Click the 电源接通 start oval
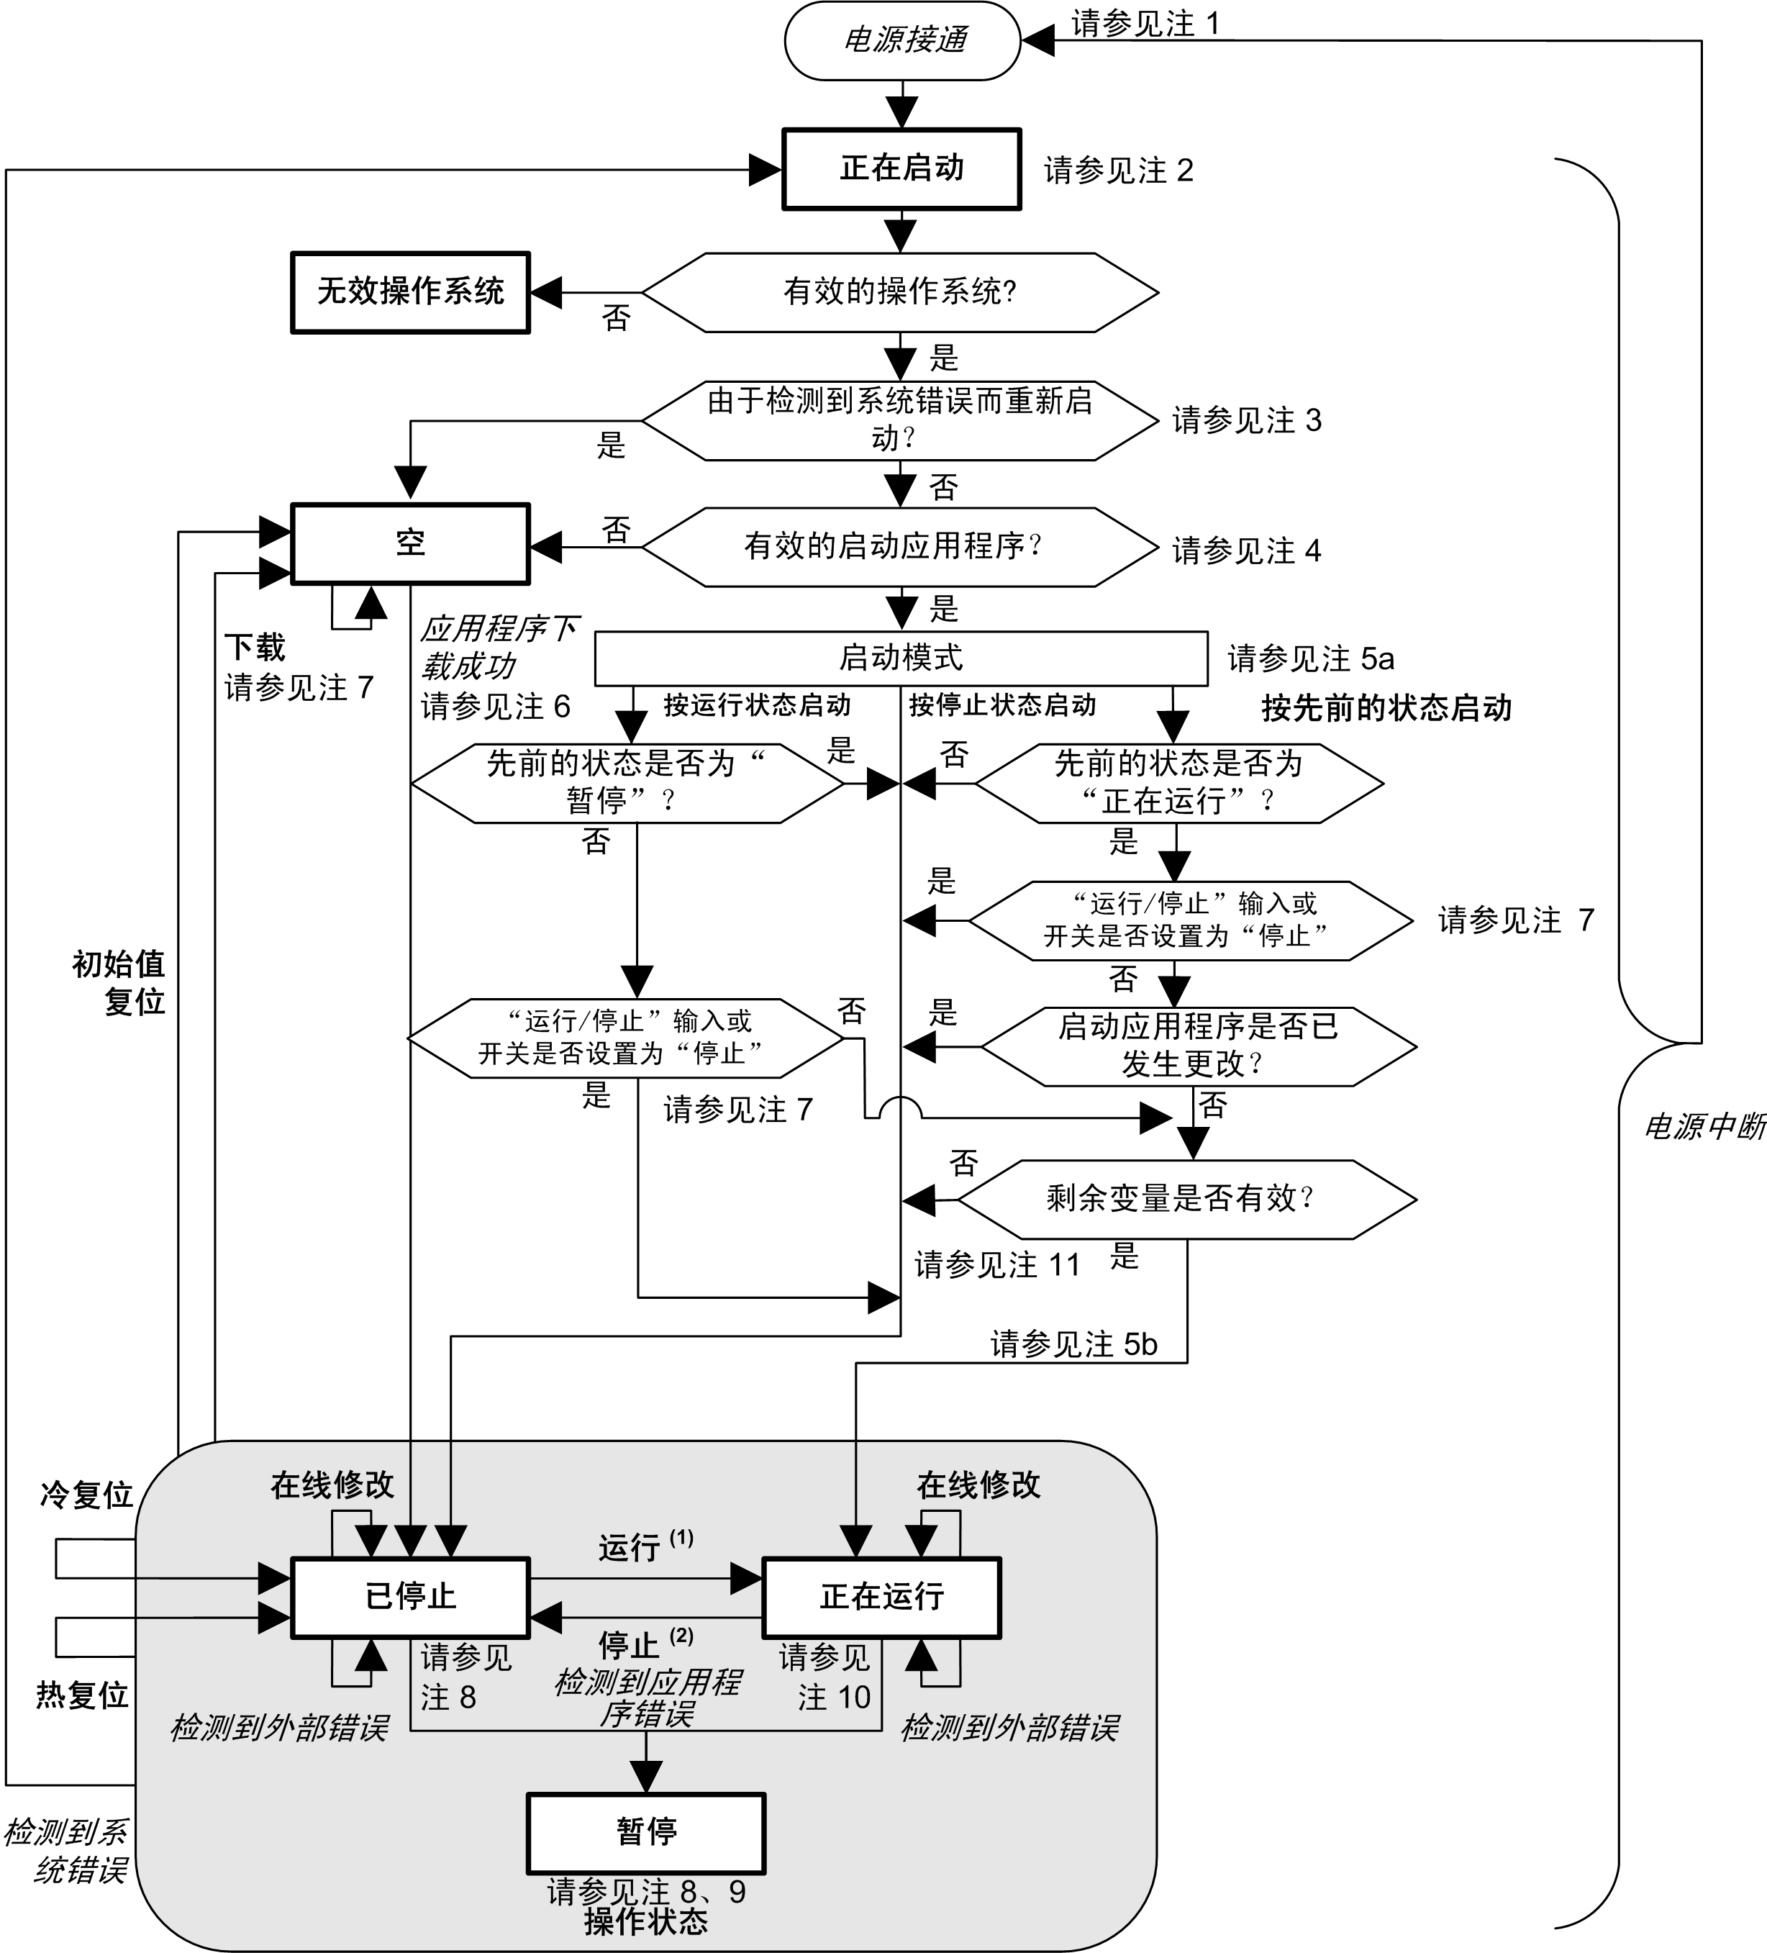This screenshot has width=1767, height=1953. tap(902, 41)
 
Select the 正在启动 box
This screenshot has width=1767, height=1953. tap(902, 168)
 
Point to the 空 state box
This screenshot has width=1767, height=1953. tap(411, 543)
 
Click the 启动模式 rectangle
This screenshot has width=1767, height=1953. tap(901, 658)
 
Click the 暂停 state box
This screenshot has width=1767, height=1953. tap(646, 1831)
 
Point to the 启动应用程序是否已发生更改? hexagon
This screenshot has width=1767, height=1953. tap(1199, 1046)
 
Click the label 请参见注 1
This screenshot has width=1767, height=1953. tap(1145, 24)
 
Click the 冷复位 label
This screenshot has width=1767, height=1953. tap(86, 1495)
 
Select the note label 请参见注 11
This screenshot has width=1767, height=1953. tap(997, 1264)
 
